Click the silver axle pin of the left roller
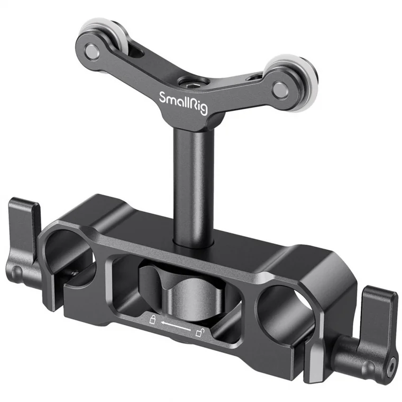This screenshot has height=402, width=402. pos(92,51)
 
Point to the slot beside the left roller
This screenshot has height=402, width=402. pos(134,50)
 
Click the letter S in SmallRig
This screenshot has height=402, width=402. pos(163,97)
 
